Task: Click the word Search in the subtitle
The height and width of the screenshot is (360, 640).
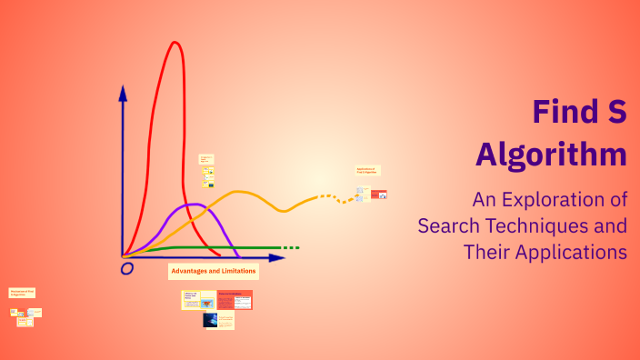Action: click(x=446, y=225)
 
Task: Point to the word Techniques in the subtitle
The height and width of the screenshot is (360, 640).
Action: click(x=526, y=225)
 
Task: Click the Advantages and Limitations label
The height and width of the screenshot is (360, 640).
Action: click(x=214, y=271)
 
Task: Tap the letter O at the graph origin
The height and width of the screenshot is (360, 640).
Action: click(x=126, y=269)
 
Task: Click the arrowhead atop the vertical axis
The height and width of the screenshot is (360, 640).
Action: click(x=123, y=92)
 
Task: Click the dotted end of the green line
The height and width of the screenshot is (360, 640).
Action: click(x=290, y=247)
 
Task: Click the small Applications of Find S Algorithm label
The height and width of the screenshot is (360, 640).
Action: click(x=367, y=170)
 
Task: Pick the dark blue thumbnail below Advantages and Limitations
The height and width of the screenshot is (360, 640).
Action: click(x=210, y=320)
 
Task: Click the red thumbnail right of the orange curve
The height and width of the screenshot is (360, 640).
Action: click(x=378, y=195)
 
